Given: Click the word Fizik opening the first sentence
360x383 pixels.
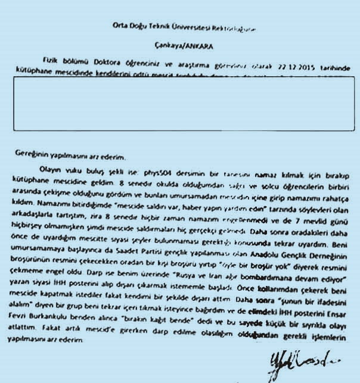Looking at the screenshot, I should pyautogui.click(x=49, y=60).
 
